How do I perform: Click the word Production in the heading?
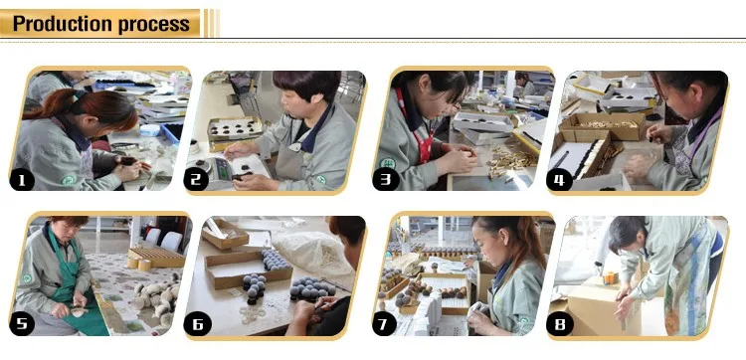click(63, 23)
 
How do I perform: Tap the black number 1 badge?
click(22, 181)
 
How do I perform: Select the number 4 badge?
click(559, 181)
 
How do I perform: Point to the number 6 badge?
click(198, 325)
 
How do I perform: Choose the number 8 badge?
click(559, 325)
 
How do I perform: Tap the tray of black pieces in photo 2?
click(235, 128)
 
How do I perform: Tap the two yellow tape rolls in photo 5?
click(139, 264)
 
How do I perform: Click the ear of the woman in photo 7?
click(515, 248)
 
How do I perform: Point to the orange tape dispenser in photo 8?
click(610, 278)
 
